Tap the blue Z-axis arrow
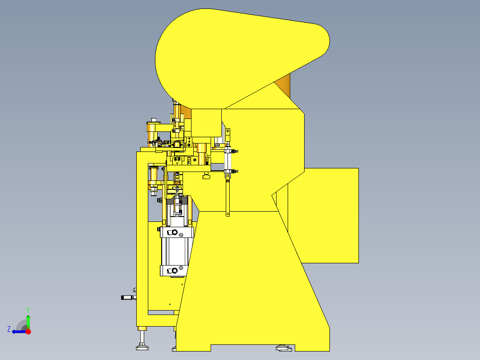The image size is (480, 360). tap(18, 331)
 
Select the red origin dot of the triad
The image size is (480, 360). tap(28, 331)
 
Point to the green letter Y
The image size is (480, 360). tap(28, 309)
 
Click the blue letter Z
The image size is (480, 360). tap(9, 329)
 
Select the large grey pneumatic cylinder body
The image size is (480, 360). tap(176, 252)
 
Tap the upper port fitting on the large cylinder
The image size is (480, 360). tap(175, 233)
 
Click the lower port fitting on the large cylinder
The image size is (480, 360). tap(175, 270)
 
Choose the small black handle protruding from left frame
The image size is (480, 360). tap(128, 297)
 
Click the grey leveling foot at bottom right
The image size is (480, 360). tap(283, 347)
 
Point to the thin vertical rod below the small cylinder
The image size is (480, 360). tap(228, 196)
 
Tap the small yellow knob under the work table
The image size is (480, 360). tap(206, 177)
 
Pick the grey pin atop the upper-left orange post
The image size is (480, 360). tap(154, 120)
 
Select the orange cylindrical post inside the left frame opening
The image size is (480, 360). tap(154, 177)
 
